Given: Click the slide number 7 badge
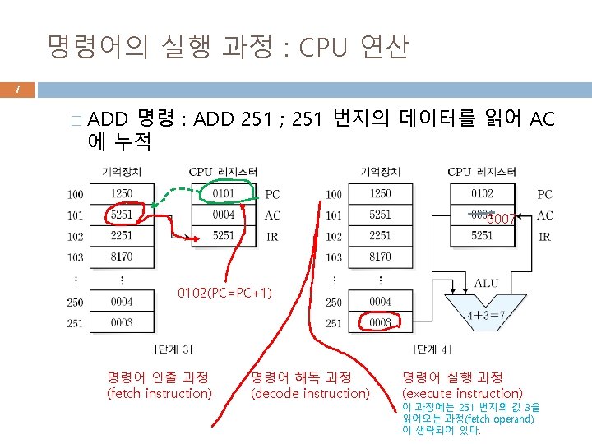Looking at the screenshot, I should click(x=17, y=90).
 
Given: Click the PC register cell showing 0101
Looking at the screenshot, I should click(x=223, y=194).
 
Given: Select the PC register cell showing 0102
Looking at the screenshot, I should click(x=482, y=194).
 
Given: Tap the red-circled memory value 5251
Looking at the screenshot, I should click(x=121, y=215).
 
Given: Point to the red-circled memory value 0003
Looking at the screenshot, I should click(x=380, y=323).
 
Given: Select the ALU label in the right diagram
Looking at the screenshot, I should click(x=486, y=284).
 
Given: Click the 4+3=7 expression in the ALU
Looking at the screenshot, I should click(x=486, y=315).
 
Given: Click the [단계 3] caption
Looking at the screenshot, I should click(x=173, y=349).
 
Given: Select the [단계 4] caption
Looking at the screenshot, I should click(x=432, y=349).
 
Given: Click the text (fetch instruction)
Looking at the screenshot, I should click(x=160, y=393).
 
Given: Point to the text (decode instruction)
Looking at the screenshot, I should click(x=310, y=393).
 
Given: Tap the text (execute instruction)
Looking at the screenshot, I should click(x=462, y=393).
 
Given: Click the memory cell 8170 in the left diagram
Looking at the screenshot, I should click(x=121, y=257).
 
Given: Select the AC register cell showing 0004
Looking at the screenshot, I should click(x=223, y=215).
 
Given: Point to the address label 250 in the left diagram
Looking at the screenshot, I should click(x=76, y=303).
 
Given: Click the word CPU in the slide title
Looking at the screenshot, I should click(x=326, y=48).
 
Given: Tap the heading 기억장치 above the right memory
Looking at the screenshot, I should click(x=380, y=172).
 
